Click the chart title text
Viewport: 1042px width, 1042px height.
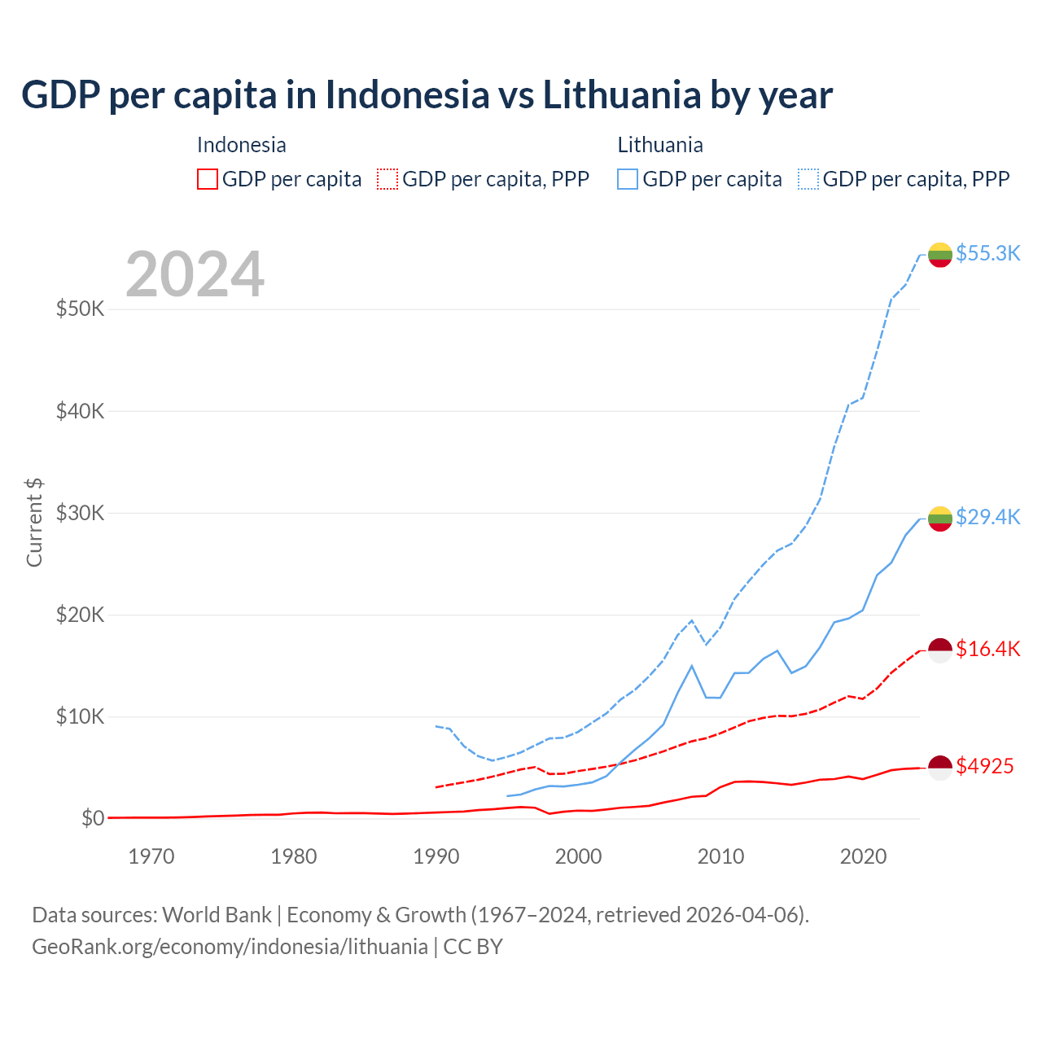click(427, 94)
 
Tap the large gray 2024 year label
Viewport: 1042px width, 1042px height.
click(195, 274)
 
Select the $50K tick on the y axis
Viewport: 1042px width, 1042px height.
click(80, 309)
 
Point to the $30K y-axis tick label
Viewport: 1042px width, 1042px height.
click(80, 513)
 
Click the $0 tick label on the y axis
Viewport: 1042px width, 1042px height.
click(93, 818)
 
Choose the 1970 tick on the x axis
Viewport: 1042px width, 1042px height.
click(151, 856)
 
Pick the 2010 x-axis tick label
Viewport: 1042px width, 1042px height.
click(720, 856)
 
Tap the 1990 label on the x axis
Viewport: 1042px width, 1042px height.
click(436, 856)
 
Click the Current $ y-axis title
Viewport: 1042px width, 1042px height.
click(34, 523)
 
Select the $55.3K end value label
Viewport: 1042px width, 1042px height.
click(987, 253)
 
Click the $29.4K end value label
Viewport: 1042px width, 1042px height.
click(987, 517)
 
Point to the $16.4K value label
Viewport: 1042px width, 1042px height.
click(987, 649)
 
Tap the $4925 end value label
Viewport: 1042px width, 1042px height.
click(984, 766)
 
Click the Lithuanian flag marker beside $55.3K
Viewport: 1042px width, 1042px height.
click(940, 255)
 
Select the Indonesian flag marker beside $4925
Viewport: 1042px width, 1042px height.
click(940, 768)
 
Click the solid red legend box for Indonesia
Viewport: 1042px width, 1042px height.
click(208, 179)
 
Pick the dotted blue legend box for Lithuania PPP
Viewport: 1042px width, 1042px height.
click(808, 179)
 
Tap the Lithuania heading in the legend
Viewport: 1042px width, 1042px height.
click(660, 145)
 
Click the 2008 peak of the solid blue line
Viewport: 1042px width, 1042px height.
click(692, 666)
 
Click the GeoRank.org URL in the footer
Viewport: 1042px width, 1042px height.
click(230, 947)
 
